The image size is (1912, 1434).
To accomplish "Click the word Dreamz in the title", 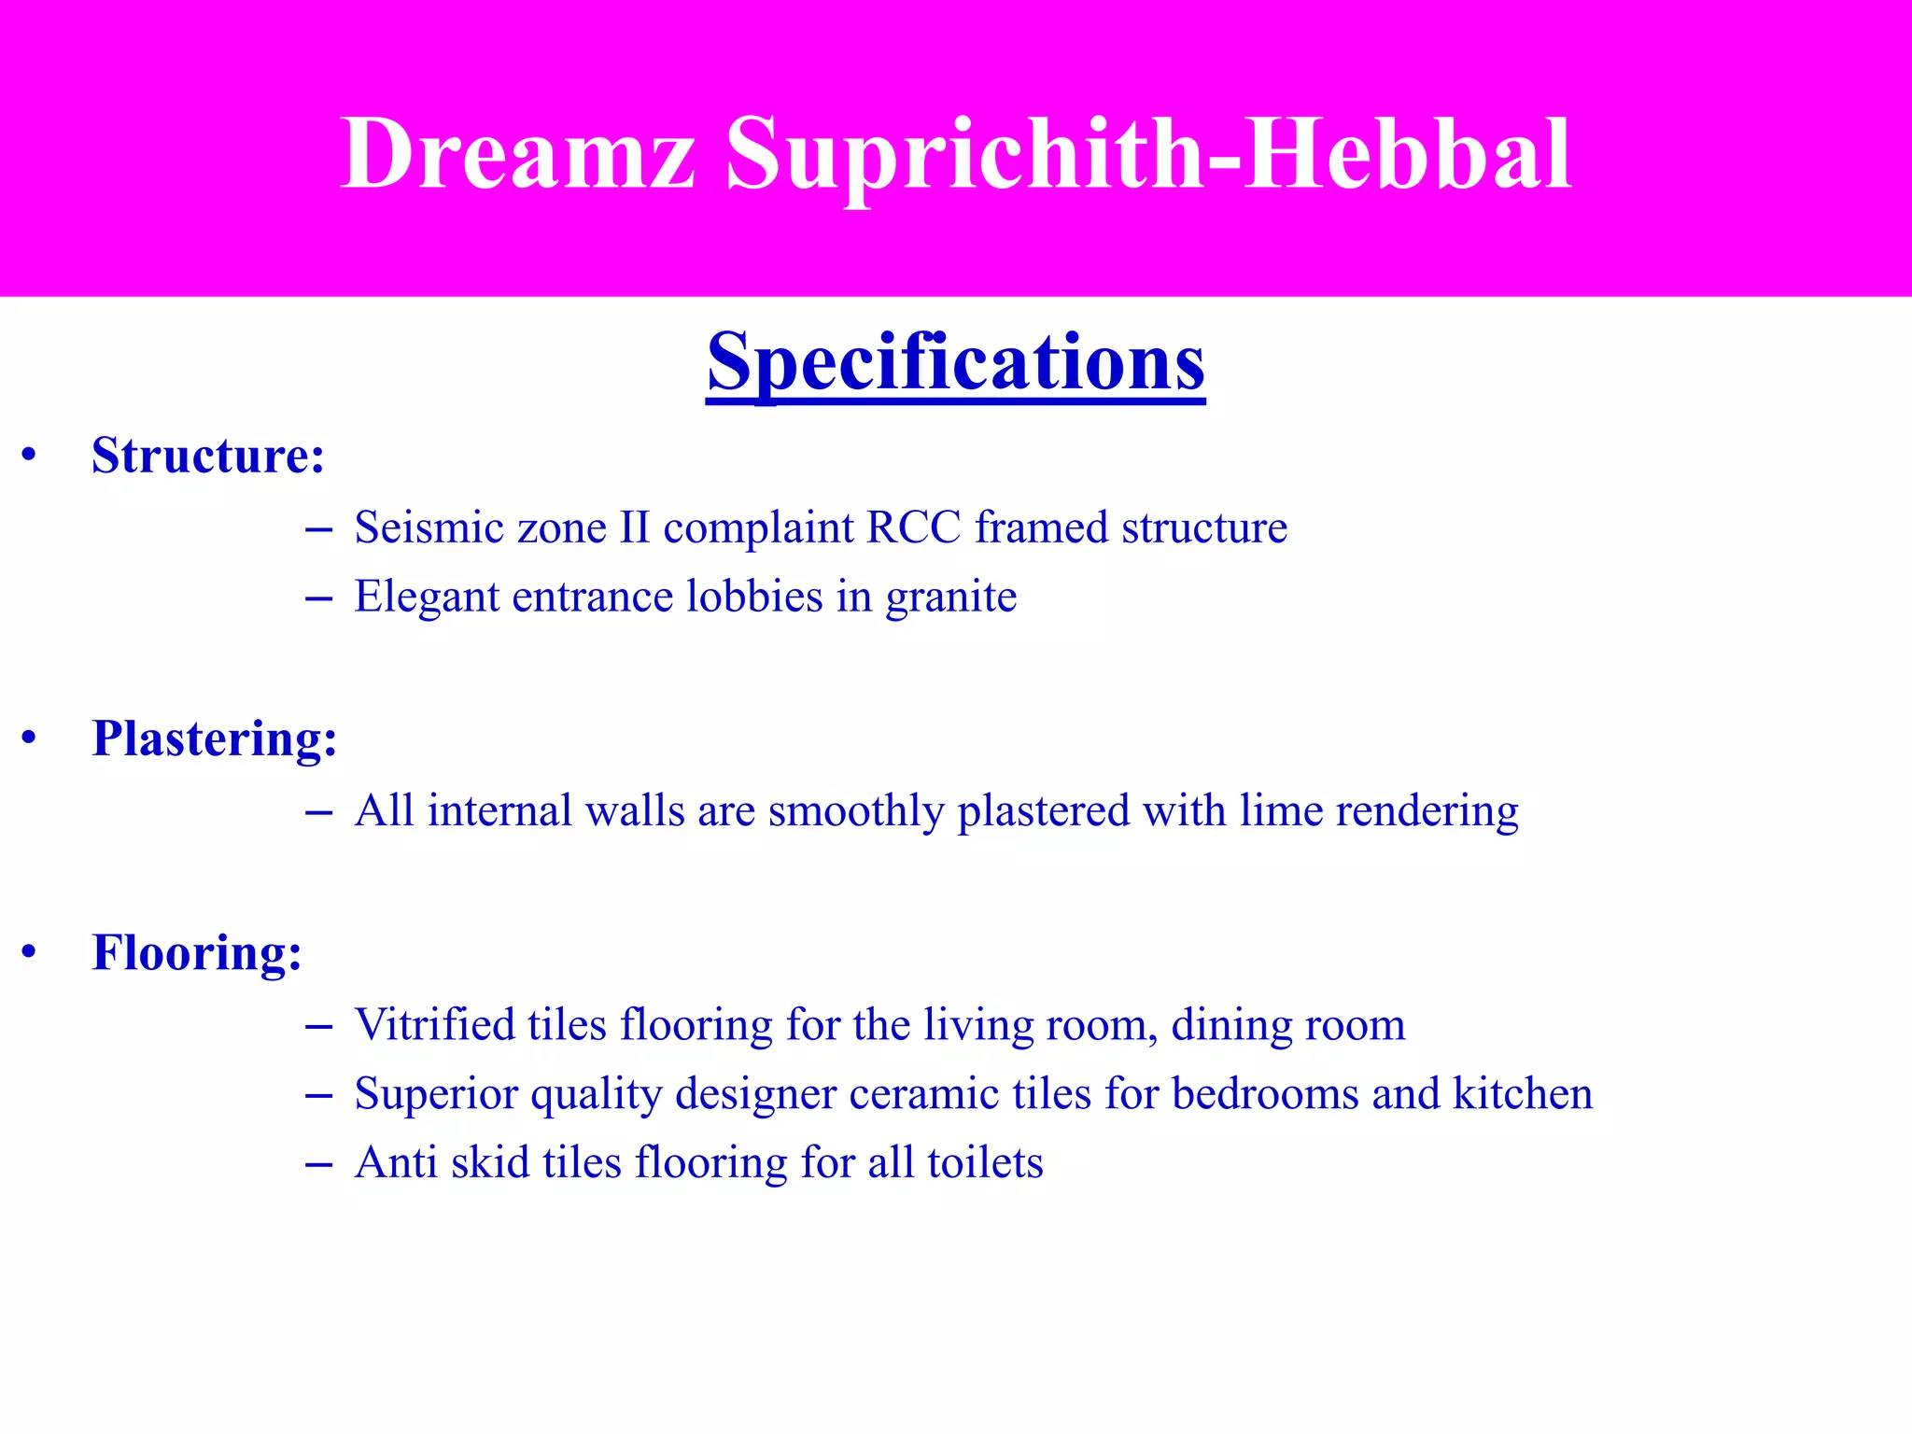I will pos(518,154).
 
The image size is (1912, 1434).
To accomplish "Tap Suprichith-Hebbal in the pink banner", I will pos(1148,154).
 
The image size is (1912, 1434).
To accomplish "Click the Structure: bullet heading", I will pos(208,457).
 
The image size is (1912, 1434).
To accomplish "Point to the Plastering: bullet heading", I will pos(215,739).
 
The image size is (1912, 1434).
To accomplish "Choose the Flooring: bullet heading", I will pos(197,953).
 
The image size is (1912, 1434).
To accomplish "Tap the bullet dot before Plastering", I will pos(30,739).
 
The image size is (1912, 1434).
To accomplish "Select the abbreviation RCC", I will pos(913,528).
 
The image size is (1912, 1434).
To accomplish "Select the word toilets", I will pos(985,1163).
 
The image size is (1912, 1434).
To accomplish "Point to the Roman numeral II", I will pos(634,528).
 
